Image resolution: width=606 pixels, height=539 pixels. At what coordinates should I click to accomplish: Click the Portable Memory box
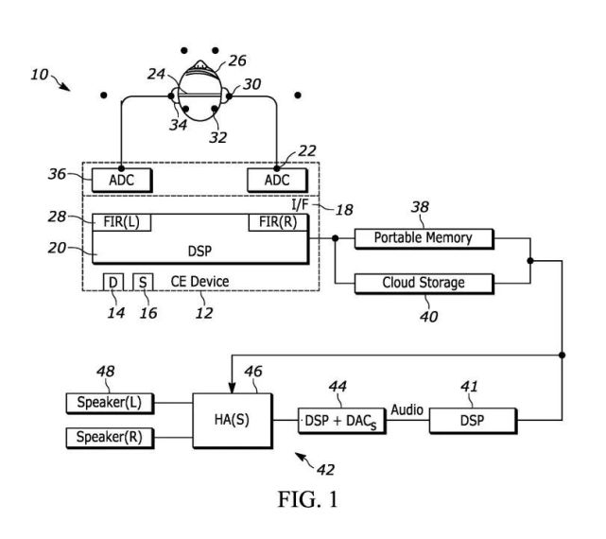(x=424, y=237)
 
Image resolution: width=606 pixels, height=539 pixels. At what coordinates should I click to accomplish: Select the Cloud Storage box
(x=424, y=282)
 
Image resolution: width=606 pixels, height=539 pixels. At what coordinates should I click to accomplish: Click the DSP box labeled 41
(x=473, y=418)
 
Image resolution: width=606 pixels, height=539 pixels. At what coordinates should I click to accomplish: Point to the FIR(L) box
(x=123, y=222)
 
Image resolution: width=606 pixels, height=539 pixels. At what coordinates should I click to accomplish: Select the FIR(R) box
(x=277, y=222)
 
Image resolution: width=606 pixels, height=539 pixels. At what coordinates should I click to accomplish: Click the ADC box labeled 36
(x=123, y=179)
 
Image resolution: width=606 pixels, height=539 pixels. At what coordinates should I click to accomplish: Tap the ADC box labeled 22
(x=277, y=179)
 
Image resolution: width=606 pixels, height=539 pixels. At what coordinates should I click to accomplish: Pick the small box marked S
(x=143, y=281)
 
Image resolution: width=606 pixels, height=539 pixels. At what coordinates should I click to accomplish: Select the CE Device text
(x=199, y=281)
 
